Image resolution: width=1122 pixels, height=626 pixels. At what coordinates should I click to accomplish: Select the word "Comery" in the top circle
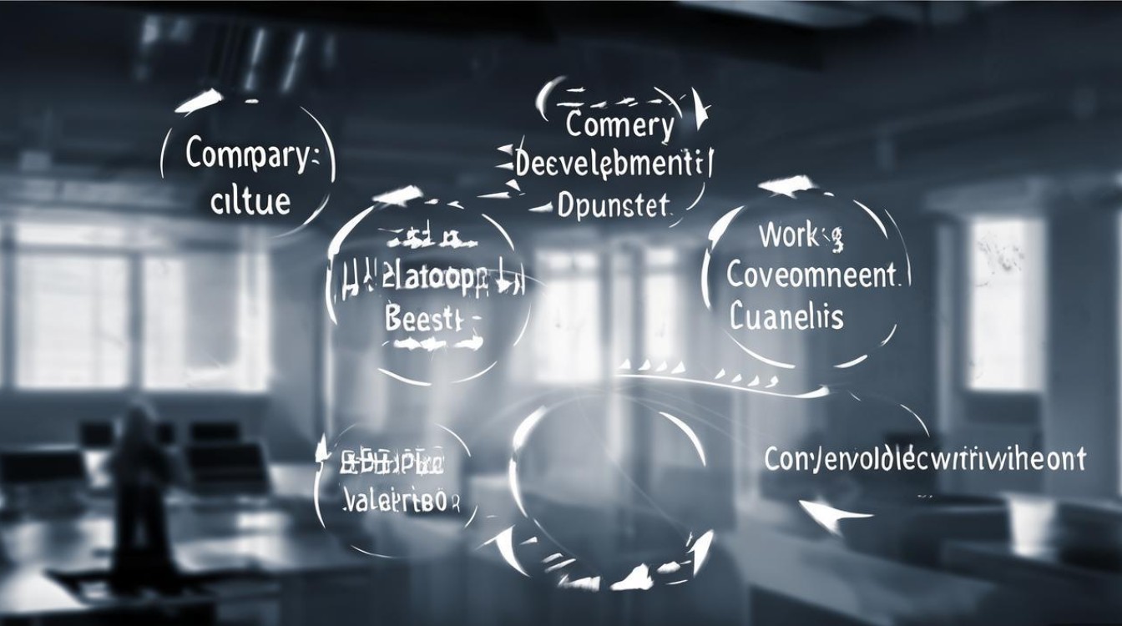pos(619,127)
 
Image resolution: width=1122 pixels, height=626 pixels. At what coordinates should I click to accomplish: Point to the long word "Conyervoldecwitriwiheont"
pos(925,458)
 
